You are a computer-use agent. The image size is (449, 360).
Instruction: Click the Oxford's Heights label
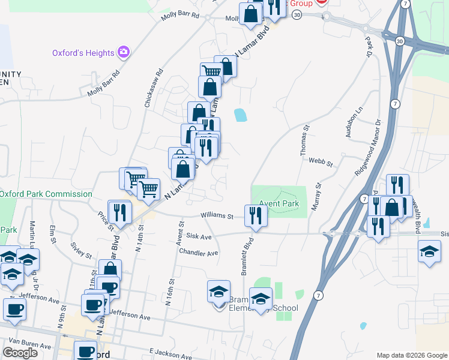83,53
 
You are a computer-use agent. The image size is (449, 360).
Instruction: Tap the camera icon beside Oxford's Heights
124,52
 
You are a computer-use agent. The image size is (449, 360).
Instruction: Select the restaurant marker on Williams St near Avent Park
256,215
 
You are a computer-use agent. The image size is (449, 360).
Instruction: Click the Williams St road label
217,215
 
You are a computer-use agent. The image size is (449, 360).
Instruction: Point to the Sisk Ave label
199,237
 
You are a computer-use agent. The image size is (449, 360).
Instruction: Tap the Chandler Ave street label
198,253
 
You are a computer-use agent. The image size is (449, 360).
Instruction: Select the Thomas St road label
305,140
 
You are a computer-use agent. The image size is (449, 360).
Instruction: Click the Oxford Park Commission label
46,194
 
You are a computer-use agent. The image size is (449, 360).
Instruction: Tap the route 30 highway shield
400,41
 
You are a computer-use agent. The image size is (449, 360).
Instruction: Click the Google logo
20,352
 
